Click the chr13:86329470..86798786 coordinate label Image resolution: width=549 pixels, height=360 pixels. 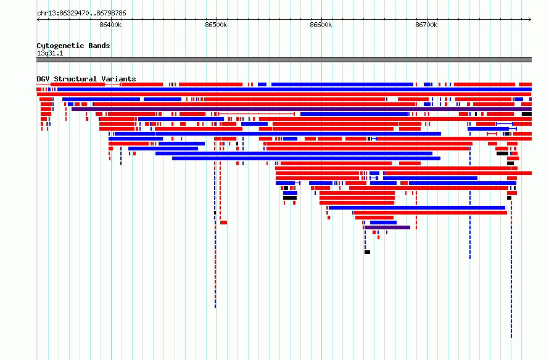point(81,14)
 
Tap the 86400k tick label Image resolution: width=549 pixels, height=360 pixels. point(110,25)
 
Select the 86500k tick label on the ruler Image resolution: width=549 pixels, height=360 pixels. point(216,25)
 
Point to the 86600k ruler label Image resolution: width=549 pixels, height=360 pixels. point(321,25)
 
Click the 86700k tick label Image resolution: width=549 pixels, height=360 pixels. point(426,25)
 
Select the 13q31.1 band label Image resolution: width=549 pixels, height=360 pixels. point(50,53)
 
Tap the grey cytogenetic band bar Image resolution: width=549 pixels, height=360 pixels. point(284,60)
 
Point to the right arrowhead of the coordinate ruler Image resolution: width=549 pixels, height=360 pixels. point(530,20)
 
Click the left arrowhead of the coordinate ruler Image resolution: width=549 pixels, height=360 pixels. point(38,20)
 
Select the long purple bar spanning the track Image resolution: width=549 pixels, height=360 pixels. point(302,109)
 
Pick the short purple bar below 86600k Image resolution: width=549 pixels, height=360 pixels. point(387,227)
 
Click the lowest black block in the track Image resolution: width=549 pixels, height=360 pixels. point(367,252)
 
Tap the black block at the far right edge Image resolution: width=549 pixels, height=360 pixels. point(527,114)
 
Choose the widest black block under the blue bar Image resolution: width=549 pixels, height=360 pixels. point(290,198)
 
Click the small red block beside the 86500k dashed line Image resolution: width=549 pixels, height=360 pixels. point(224,223)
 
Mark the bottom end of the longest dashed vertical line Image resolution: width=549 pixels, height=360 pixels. point(511,338)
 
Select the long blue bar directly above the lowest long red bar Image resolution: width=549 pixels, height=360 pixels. point(417,208)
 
